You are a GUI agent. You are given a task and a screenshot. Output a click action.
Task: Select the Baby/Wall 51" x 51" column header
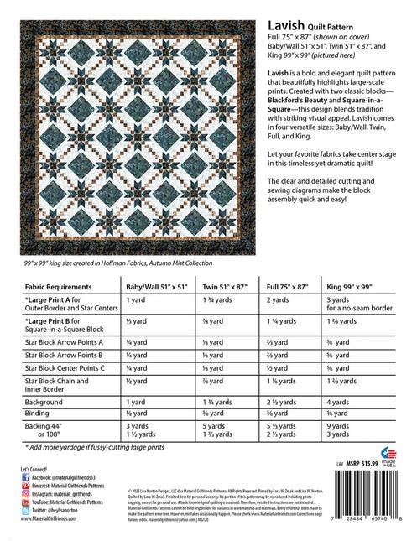point(157,285)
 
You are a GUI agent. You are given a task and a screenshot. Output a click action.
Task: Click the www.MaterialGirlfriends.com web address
point(50,519)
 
